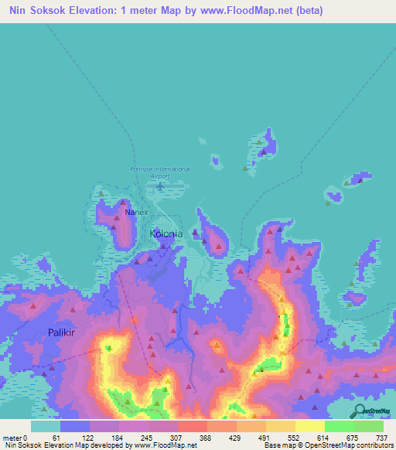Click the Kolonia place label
click(x=166, y=233)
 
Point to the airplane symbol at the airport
click(x=160, y=186)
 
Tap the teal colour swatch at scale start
click(x=46, y=426)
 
